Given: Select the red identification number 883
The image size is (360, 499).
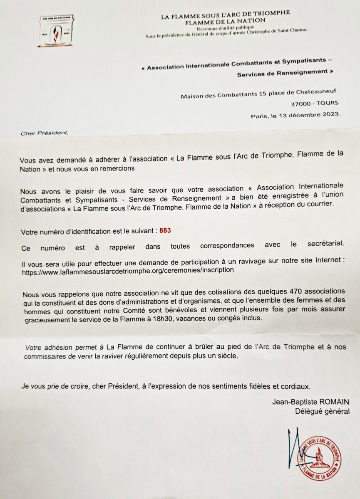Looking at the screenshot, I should click(x=165, y=230).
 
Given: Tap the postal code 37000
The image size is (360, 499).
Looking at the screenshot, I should click(x=302, y=104).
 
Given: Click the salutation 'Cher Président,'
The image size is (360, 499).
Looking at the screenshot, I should click(x=43, y=133).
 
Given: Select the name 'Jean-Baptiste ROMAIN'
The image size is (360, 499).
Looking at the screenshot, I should click(x=310, y=402).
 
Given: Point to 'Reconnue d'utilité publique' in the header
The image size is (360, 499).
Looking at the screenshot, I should click(x=225, y=28).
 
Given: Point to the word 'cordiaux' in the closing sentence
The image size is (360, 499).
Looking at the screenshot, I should click(x=295, y=386).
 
